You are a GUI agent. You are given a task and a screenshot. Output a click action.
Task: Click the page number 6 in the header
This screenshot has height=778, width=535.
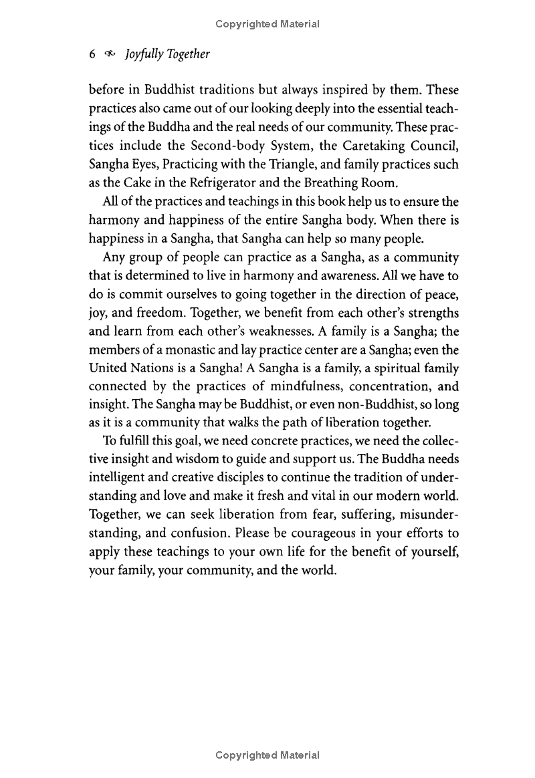pos(92,55)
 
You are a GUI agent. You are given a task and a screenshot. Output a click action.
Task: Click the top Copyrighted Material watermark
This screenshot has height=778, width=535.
pos(267,24)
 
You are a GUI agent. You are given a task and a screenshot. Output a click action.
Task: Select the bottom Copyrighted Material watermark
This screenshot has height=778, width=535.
pos(267,755)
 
